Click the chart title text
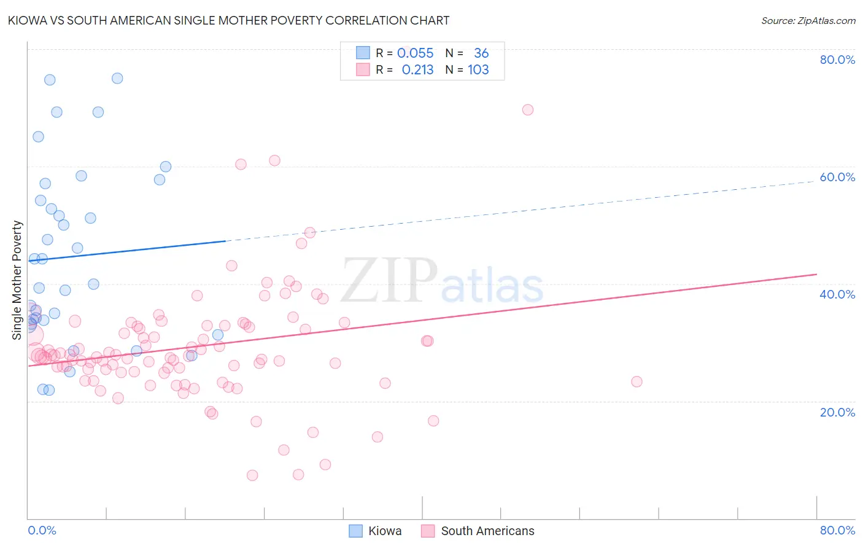[228, 20]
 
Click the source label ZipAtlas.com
[808, 20]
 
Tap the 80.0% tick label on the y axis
[837, 60]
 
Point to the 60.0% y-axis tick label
[837, 177]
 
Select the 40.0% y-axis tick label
[837, 294]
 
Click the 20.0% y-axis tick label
[837, 412]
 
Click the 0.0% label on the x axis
[42, 530]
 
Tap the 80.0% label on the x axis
[837, 530]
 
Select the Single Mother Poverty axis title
[17, 280]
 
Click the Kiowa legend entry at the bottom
[384, 531]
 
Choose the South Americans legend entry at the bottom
[487, 531]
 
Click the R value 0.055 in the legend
[415, 53]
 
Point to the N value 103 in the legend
[478, 70]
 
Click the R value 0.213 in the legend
[417, 70]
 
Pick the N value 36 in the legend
[481, 53]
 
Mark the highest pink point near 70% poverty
[528, 110]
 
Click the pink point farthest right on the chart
[637, 382]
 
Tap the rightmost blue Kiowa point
[217, 335]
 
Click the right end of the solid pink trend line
[816, 274]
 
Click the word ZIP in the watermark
[389, 281]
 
